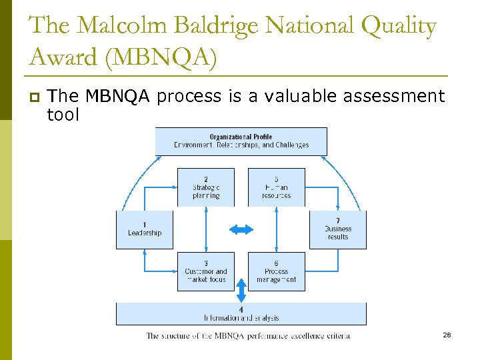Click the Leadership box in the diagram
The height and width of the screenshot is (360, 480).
tap(145, 229)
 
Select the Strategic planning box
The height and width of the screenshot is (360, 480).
tap(206, 187)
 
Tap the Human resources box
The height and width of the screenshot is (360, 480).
tap(276, 187)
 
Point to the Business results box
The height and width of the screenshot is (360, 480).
tap(338, 229)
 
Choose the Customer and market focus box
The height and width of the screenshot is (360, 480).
tap(206, 271)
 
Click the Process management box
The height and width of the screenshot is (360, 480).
tap(276, 271)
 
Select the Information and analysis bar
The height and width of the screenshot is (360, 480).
tap(241, 314)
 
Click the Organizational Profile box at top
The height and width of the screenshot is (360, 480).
tap(241, 141)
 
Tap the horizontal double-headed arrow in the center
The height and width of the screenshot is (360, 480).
tap(241, 229)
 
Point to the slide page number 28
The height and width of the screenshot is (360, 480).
tap(447, 335)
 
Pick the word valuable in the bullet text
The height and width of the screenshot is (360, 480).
tap(301, 97)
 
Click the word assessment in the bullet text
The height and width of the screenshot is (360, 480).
tap(393, 97)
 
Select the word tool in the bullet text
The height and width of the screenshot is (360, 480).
tap(63, 115)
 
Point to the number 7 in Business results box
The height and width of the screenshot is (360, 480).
tap(338, 221)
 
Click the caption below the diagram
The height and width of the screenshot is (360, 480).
tap(248, 336)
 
